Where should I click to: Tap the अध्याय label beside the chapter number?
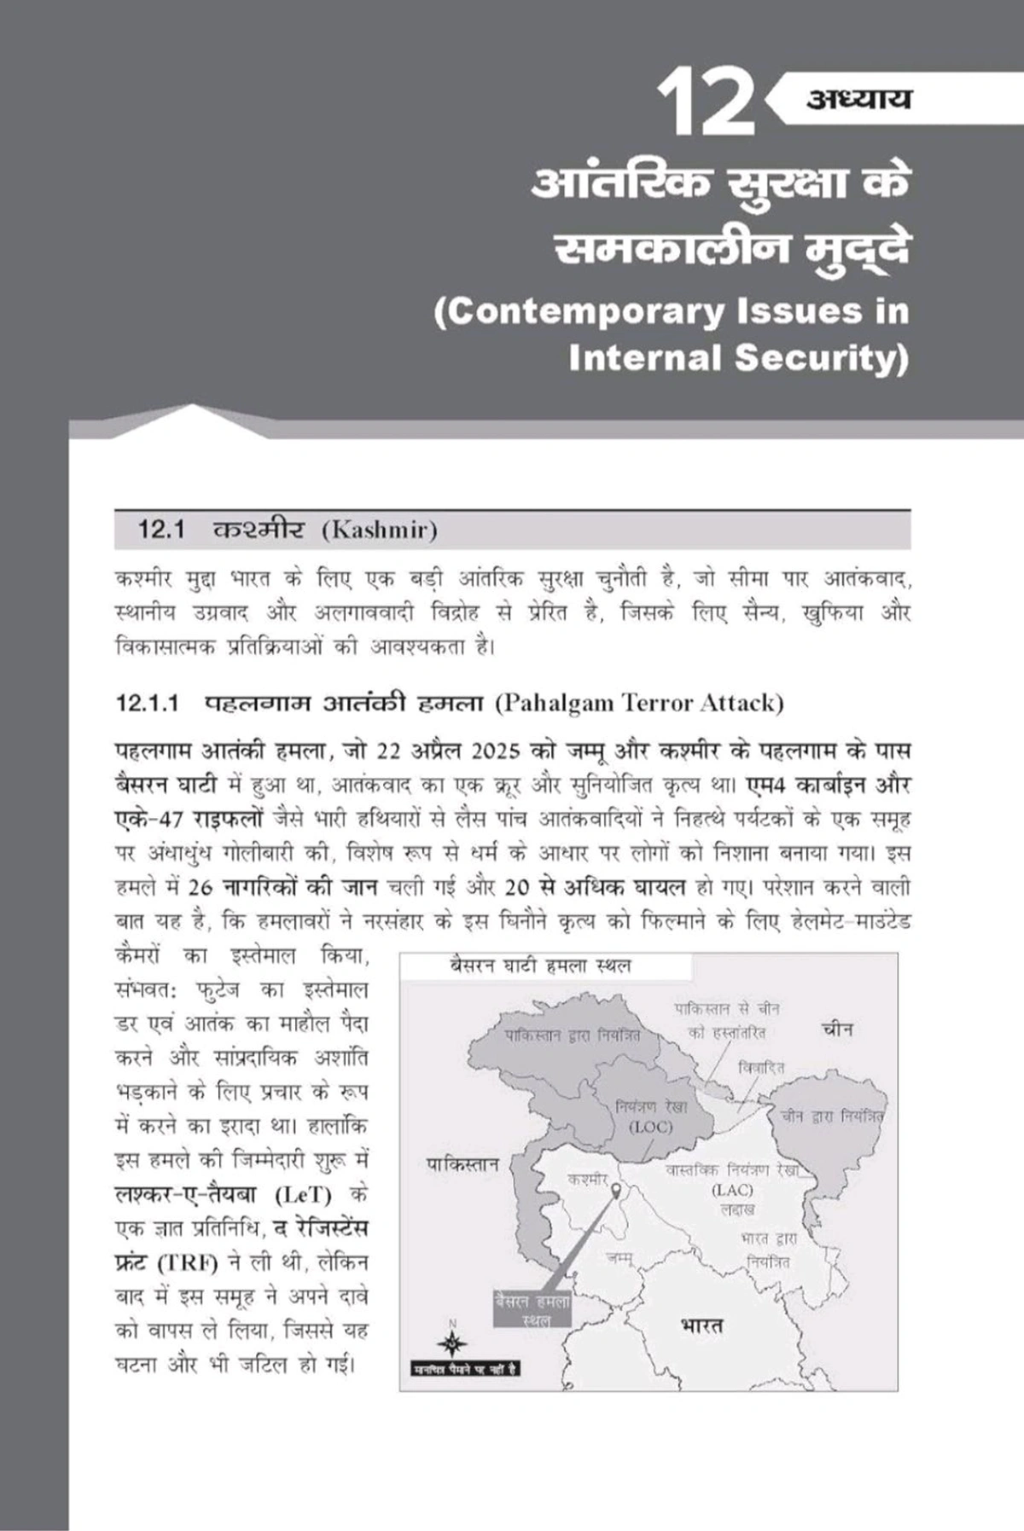pos(858,99)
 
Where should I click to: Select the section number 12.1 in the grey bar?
pos(161,531)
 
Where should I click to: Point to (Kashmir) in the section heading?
pos(379,531)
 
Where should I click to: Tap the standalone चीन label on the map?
pos(837,1029)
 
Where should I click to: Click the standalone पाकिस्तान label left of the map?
pos(463,1164)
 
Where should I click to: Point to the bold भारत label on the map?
pos(701,1325)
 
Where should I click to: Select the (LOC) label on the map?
pos(650,1127)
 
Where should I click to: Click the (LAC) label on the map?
pos(732,1190)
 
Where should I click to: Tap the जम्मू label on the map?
pos(620,1256)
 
